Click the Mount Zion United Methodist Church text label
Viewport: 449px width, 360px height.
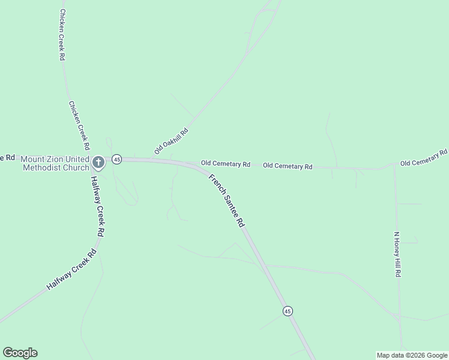[x=54, y=163]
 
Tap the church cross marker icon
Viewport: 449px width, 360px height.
[x=99, y=161]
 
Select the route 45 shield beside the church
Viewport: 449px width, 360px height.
[x=116, y=159]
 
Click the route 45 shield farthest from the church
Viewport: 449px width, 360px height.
[x=288, y=311]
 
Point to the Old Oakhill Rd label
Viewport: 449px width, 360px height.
[x=171, y=141]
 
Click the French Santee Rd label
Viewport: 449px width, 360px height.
[x=226, y=200]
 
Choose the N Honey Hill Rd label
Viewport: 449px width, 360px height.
[x=397, y=254]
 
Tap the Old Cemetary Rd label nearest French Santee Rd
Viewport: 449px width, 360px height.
[x=225, y=163]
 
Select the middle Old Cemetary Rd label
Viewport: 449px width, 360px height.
[x=288, y=166]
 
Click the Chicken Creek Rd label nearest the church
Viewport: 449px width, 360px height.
[x=79, y=125]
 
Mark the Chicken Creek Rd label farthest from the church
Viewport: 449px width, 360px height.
[x=62, y=35]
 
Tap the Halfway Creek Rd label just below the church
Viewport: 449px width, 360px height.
[x=98, y=206]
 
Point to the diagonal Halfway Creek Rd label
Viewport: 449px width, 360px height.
[x=72, y=270]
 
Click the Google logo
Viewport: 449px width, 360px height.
[x=20, y=353]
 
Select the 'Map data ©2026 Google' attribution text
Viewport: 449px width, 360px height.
[x=412, y=355]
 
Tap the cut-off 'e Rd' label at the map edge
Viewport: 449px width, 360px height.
[x=7, y=158]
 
